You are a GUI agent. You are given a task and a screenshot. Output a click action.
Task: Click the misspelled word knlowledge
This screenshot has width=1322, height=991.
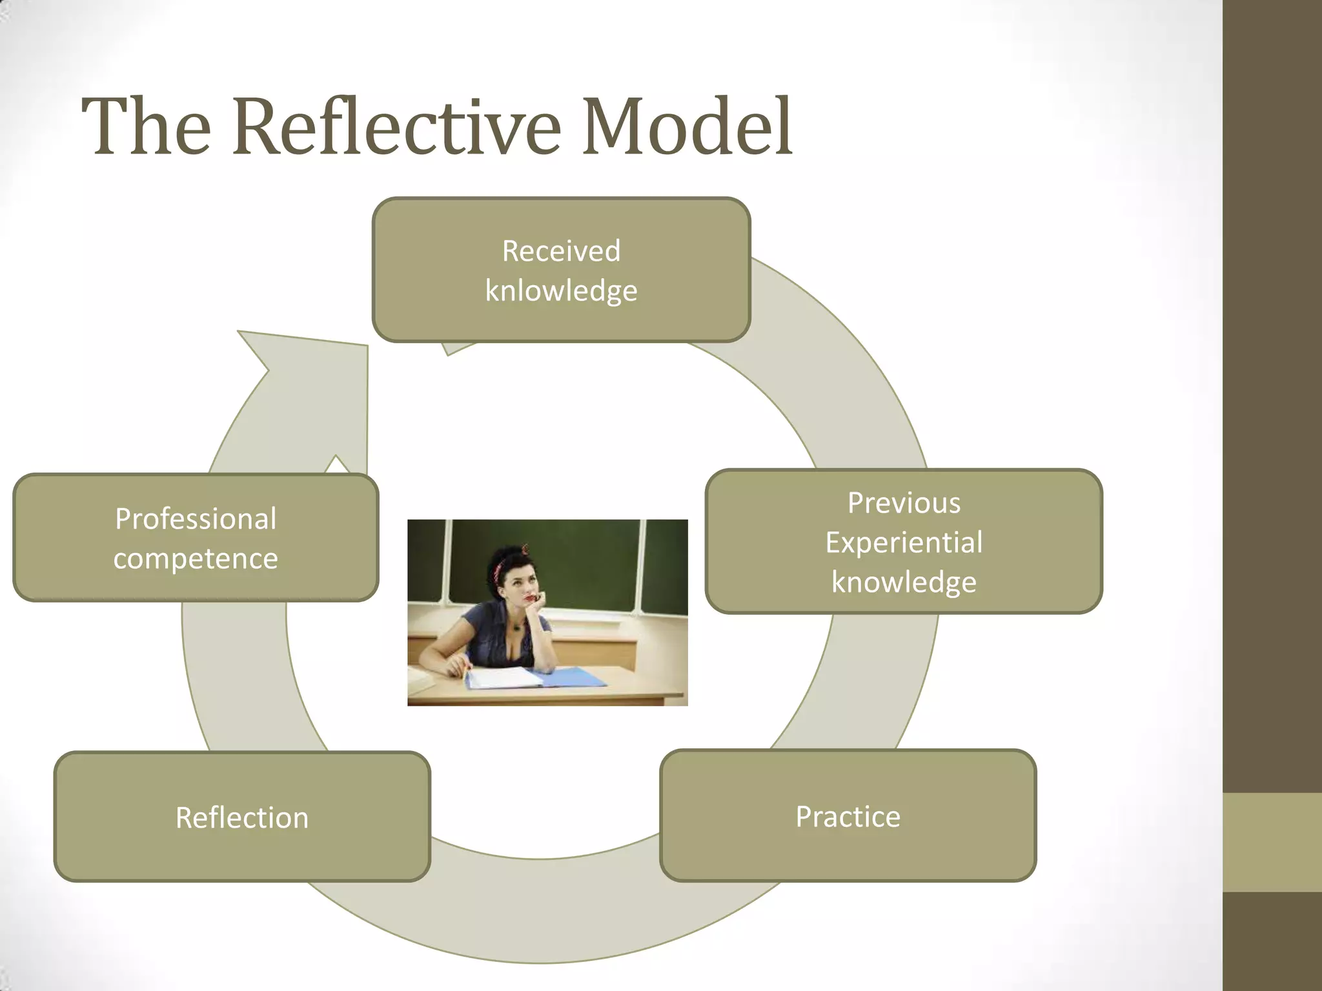[x=561, y=291]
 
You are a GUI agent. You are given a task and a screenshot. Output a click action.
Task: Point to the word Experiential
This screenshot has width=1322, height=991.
[x=904, y=542]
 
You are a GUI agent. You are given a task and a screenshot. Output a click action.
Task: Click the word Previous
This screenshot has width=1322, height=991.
[x=904, y=503]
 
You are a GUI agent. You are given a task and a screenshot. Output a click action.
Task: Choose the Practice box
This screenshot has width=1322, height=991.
[x=848, y=816]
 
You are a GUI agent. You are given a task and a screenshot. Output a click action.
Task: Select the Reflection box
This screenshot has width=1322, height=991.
[x=242, y=817]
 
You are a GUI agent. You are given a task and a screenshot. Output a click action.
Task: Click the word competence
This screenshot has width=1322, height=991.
[x=196, y=559]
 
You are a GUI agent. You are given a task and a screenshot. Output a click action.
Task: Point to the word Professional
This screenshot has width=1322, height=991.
[x=196, y=519]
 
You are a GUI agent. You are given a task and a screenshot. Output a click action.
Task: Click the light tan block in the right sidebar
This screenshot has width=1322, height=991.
[x=1272, y=842]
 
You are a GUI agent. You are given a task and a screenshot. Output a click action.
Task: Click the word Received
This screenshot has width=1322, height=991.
[x=561, y=251]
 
